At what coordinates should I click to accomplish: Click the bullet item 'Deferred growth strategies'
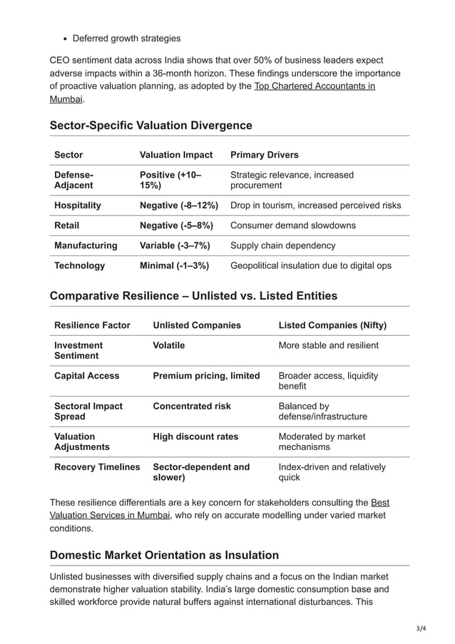[x=126, y=38]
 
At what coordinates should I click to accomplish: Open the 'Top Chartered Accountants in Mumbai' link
[x=314, y=86]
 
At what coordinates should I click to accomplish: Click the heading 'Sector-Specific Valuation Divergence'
[x=150, y=126]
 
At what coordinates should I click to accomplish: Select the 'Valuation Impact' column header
[x=176, y=155]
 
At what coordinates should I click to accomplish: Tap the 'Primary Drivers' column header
[x=265, y=155]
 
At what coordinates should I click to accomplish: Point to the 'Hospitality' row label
[x=78, y=205]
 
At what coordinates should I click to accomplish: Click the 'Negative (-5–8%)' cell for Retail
[x=176, y=225]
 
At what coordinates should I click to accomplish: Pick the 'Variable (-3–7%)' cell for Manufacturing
[x=175, y=245]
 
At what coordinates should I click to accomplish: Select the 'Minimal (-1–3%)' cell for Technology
[x=174, y=265]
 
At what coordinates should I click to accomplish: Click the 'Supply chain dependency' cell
[x=282, y=245]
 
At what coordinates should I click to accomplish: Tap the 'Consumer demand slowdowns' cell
[x=292, y=225]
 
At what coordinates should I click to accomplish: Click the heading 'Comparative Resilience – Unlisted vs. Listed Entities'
[x=193, y=296]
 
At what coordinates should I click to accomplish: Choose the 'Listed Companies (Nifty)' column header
[x=332, y=325]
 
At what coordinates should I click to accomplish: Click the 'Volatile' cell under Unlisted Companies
[x=169, y=345]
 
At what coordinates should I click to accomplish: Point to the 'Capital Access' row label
[x=87, y=375]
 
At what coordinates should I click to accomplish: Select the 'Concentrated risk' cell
[x=192, y=406]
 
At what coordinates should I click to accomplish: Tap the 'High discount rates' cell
[x=195, y=436]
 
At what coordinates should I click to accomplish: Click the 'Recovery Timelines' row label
[x=97, y=466]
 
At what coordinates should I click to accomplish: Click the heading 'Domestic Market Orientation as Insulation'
[x=164, y=555]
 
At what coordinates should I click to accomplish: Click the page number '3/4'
[x=420, y=628]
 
